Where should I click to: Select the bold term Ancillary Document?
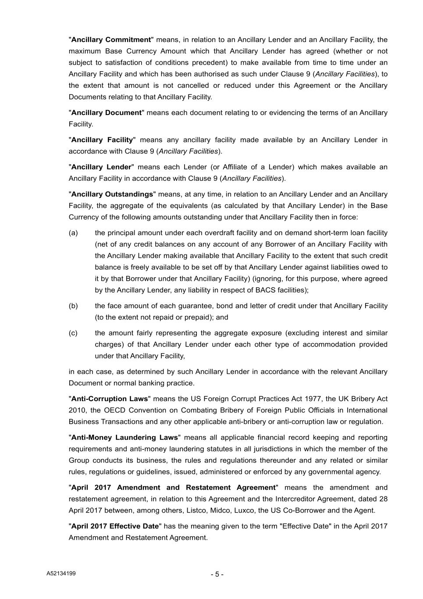click(x=107, y=113)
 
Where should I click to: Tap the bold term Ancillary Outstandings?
click(x=112, y=194)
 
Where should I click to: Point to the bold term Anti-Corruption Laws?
click(x=110, y=399)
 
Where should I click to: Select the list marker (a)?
click(x=73, y=233)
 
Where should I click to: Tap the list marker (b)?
click(x=73, y=306)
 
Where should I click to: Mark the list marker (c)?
click(x=73, y=333)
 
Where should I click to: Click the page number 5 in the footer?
click(x=217, y=574)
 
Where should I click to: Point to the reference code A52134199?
click(x=61, y=574)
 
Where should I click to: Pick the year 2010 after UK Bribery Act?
click(x=78, y=410)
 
